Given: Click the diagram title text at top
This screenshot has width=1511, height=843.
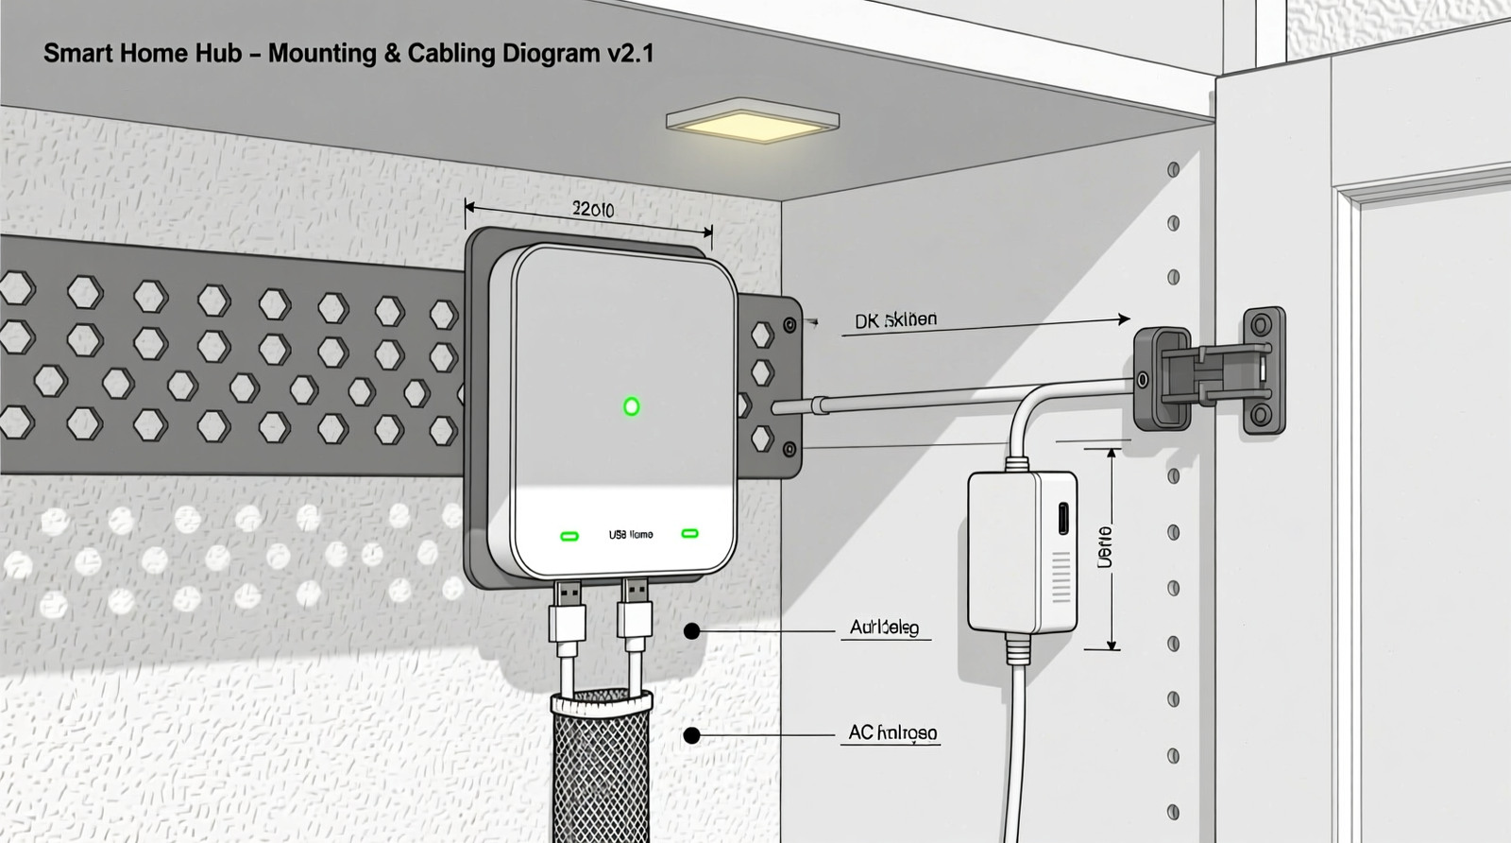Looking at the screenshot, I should pyautogui.click(x=348, y=53).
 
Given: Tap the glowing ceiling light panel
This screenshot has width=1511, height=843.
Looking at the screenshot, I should pyautogui.click(x=753, y=121).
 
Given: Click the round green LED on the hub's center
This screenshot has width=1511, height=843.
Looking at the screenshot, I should pyautogui.click(x=632, y=406).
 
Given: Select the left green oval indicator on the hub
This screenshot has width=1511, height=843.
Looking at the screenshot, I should pyautogui.click(x=569, y=536).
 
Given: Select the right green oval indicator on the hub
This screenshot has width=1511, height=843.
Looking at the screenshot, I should pyautogui.click(x=689, y=534).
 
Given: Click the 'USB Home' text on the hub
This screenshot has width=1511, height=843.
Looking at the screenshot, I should pyautogui.click(x=631, y=535).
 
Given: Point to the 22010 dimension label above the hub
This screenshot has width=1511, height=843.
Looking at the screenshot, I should pyautogui.click(x=593, y=209).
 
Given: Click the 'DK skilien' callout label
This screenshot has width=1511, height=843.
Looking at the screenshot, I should pyautogui.click(x=895, y=320).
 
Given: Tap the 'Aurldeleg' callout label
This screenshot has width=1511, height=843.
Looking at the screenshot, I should pyautogui.click(x=884, y=628).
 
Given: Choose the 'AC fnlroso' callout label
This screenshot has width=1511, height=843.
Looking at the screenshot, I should pyautogui.click(x=892, y=733).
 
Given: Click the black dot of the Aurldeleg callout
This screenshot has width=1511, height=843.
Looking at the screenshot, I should pyautogui.click(x=692, y=630).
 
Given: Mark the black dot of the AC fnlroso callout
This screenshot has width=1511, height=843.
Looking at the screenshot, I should pyautogui.click(x=692, y=734).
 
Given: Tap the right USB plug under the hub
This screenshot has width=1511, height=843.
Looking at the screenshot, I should pyautogui.click(x=635, y=614).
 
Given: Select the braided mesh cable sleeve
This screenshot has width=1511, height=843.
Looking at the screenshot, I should pyautogui.click(x=601, y=766).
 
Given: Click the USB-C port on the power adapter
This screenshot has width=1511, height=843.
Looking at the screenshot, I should pyautogui.click(x=1063, y=518).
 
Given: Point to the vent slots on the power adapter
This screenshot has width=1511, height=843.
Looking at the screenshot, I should pyautogui.click(x=1062, y=576).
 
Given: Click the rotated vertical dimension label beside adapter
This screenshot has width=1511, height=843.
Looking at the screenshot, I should pyautogui.click(x=1104, y=548).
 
